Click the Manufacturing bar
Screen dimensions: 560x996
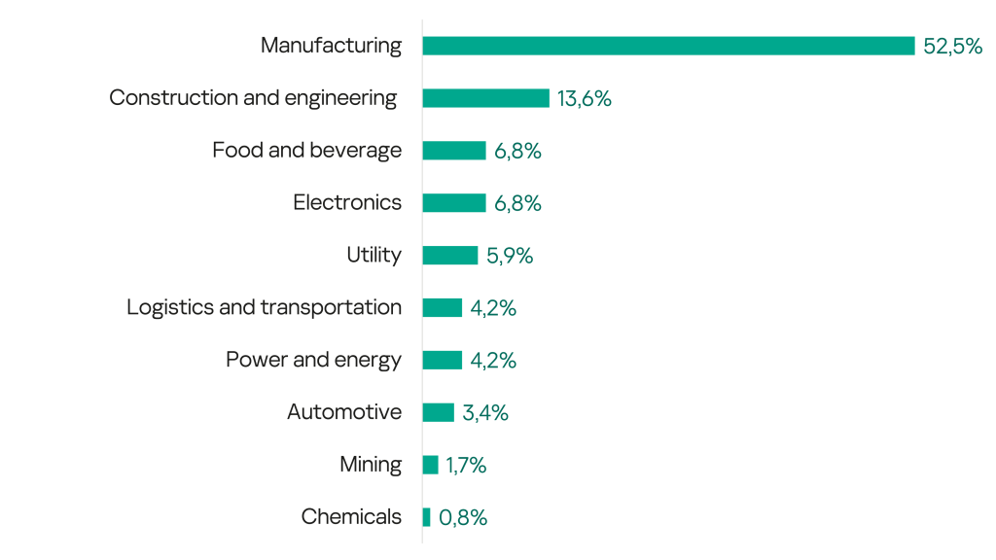pos(668,46)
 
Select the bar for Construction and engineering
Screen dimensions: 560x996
pos(485,98)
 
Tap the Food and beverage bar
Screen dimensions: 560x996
pos(453,151)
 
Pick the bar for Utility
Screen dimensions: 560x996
pos(449,256)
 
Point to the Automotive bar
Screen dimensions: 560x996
pos(438,412)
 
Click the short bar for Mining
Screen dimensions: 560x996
pos(430,465)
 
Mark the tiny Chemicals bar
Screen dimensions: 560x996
pos(426,517)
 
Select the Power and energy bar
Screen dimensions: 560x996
pos(442,361)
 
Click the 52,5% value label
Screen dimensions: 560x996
pos(952,46)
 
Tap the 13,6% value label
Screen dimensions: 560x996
pos(584,98)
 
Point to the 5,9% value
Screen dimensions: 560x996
pos(510,256)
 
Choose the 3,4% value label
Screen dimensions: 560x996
pos(485,412)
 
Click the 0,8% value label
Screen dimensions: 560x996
pos(463,517)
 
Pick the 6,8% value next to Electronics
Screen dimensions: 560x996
pos(517,203)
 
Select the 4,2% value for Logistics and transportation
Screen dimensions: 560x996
pos(493,308)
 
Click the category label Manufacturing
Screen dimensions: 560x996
pos(331,46)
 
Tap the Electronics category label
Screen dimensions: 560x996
pos(347,202)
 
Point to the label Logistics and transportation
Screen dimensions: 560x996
pos(264,307)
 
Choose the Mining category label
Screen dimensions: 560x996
pos(371,465)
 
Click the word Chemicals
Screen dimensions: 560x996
pos(351,516)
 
